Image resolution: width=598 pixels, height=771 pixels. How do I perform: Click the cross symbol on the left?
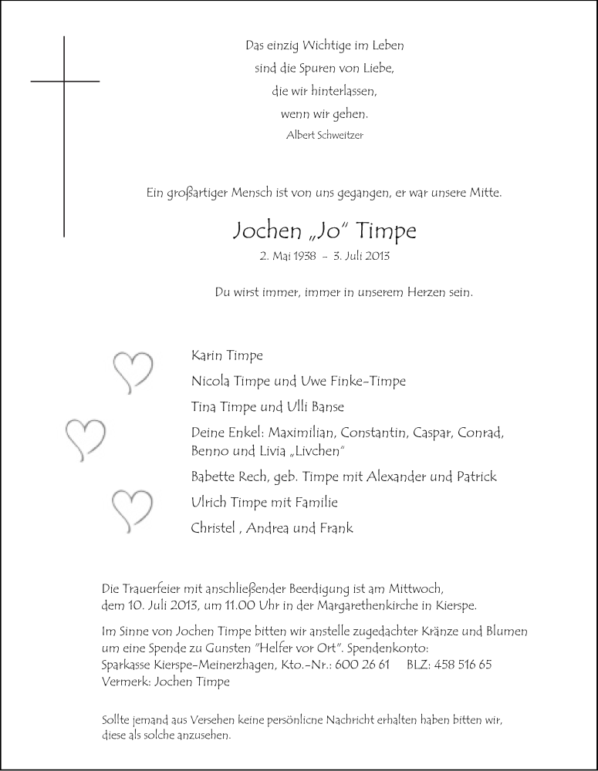(x=64, y=81)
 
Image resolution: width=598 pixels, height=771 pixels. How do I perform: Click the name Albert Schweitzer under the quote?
(x=324, y=135)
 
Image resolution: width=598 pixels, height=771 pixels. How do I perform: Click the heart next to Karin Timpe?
(x=133, y=369)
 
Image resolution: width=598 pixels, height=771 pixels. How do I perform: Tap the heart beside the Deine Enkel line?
(x=84, y=437)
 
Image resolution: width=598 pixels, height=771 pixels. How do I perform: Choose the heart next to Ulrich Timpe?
(x=132, y=510)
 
